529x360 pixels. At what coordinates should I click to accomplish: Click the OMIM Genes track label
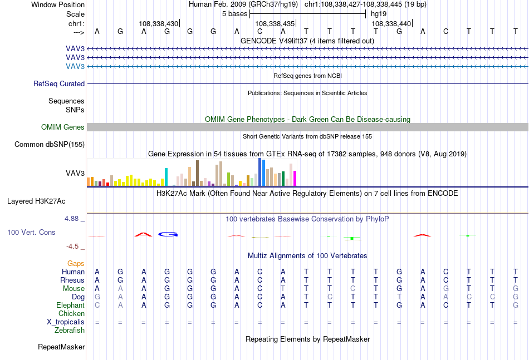[x=63, y=127]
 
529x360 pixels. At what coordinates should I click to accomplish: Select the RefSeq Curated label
[x=59, y=83]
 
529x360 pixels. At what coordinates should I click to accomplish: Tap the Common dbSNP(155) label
[x=50, y=144]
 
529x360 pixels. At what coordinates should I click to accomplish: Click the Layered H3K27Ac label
[x=36, y=201]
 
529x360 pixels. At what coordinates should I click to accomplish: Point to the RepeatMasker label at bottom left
[x=61, y=347]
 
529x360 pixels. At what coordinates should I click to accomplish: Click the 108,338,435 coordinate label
[x=275, y=23]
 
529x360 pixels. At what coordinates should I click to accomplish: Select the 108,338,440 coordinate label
[x=391, y=23]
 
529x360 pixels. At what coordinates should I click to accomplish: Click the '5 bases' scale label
[x=235, y=14]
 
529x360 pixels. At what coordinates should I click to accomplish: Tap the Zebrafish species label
[x=70, y=331]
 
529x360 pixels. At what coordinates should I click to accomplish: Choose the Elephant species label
[x=71, y=305]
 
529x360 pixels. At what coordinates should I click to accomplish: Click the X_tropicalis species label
[x=66, y=322]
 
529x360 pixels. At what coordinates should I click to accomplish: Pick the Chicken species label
[x=71, y=313]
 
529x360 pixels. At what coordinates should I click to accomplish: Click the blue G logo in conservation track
[x=168, y=234]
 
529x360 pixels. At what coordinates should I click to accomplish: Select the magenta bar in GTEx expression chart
[x=295, y=178]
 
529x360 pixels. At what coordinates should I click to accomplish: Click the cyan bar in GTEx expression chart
[x=166, y=177]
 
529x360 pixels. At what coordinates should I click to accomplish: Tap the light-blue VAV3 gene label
[x=75, y=66]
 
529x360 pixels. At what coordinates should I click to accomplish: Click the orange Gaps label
[x=76, y=263]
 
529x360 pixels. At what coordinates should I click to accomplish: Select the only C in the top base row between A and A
[x=259, y=31]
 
